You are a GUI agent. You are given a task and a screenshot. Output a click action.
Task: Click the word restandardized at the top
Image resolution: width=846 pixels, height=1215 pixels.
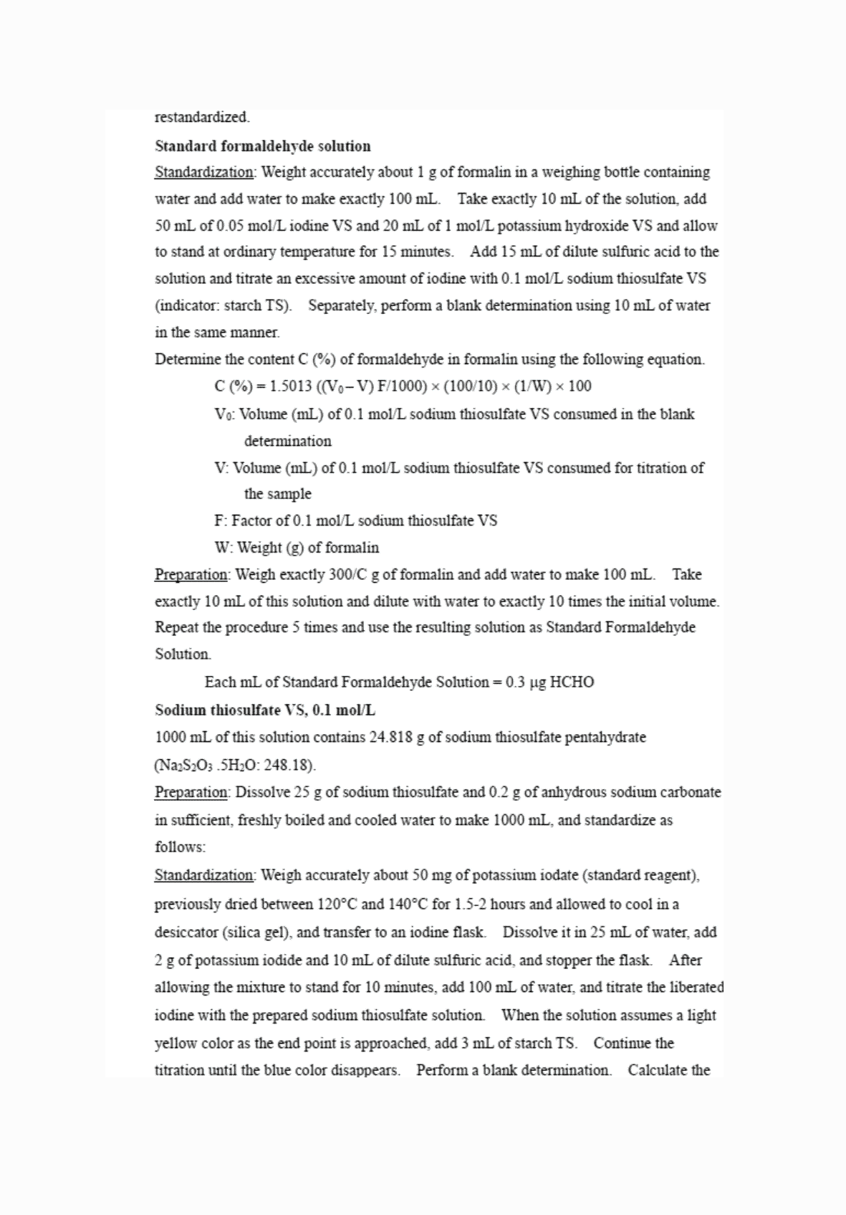[x=202, y=117]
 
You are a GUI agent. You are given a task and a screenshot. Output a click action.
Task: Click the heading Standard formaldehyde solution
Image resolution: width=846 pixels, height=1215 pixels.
[x=263, y=146]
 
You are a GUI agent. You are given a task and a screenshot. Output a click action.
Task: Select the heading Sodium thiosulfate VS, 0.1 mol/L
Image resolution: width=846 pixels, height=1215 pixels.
[x=265, y=710]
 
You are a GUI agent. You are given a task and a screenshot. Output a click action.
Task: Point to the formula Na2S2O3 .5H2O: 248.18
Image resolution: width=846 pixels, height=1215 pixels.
[x=235, y=766]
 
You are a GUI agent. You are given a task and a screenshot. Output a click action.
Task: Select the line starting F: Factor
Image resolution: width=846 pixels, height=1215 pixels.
[x=356, y=521]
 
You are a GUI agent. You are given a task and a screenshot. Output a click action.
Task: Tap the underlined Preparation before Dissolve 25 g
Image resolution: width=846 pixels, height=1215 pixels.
[x=191, y=793]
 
